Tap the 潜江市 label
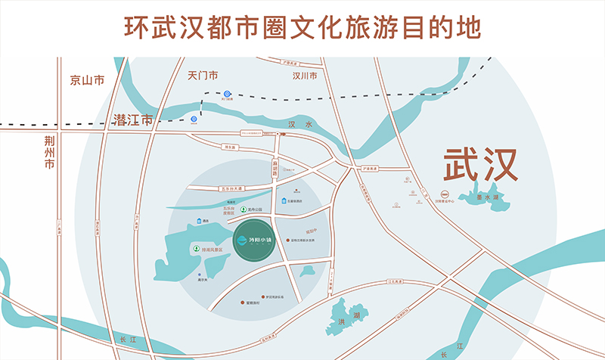tap(132, 119)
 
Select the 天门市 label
tap(202, 76)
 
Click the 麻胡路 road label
tap(277, 166)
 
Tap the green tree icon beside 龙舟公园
tap(244, 209)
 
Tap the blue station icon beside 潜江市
tap(194, 119)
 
